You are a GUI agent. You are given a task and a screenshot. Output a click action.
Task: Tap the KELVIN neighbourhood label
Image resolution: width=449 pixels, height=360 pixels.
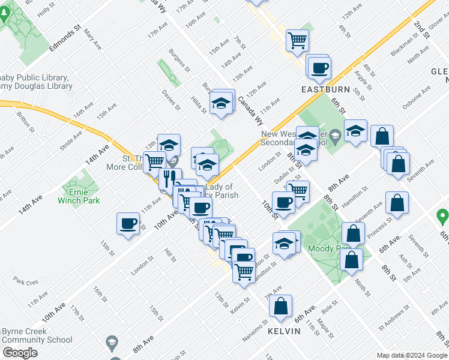[284, 331]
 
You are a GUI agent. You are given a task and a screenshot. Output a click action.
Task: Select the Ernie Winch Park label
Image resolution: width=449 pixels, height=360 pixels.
[79, 196]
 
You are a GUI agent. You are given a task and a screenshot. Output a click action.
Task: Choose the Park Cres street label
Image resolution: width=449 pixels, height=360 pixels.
[26, 281]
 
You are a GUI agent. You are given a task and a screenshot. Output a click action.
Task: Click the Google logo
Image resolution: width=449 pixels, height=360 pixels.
[20, 352]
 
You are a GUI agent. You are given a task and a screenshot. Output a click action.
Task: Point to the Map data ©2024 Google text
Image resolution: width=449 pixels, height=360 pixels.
[411, 355]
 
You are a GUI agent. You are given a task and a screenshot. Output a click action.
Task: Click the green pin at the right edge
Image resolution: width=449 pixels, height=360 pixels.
[443, 215]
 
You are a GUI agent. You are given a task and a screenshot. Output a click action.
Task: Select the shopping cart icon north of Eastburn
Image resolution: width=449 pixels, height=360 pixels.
[297, 40]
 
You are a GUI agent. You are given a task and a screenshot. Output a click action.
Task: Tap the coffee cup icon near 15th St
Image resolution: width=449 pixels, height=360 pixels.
[127, 223]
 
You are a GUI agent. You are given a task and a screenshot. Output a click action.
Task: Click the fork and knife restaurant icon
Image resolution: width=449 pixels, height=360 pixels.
[169, 178]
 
